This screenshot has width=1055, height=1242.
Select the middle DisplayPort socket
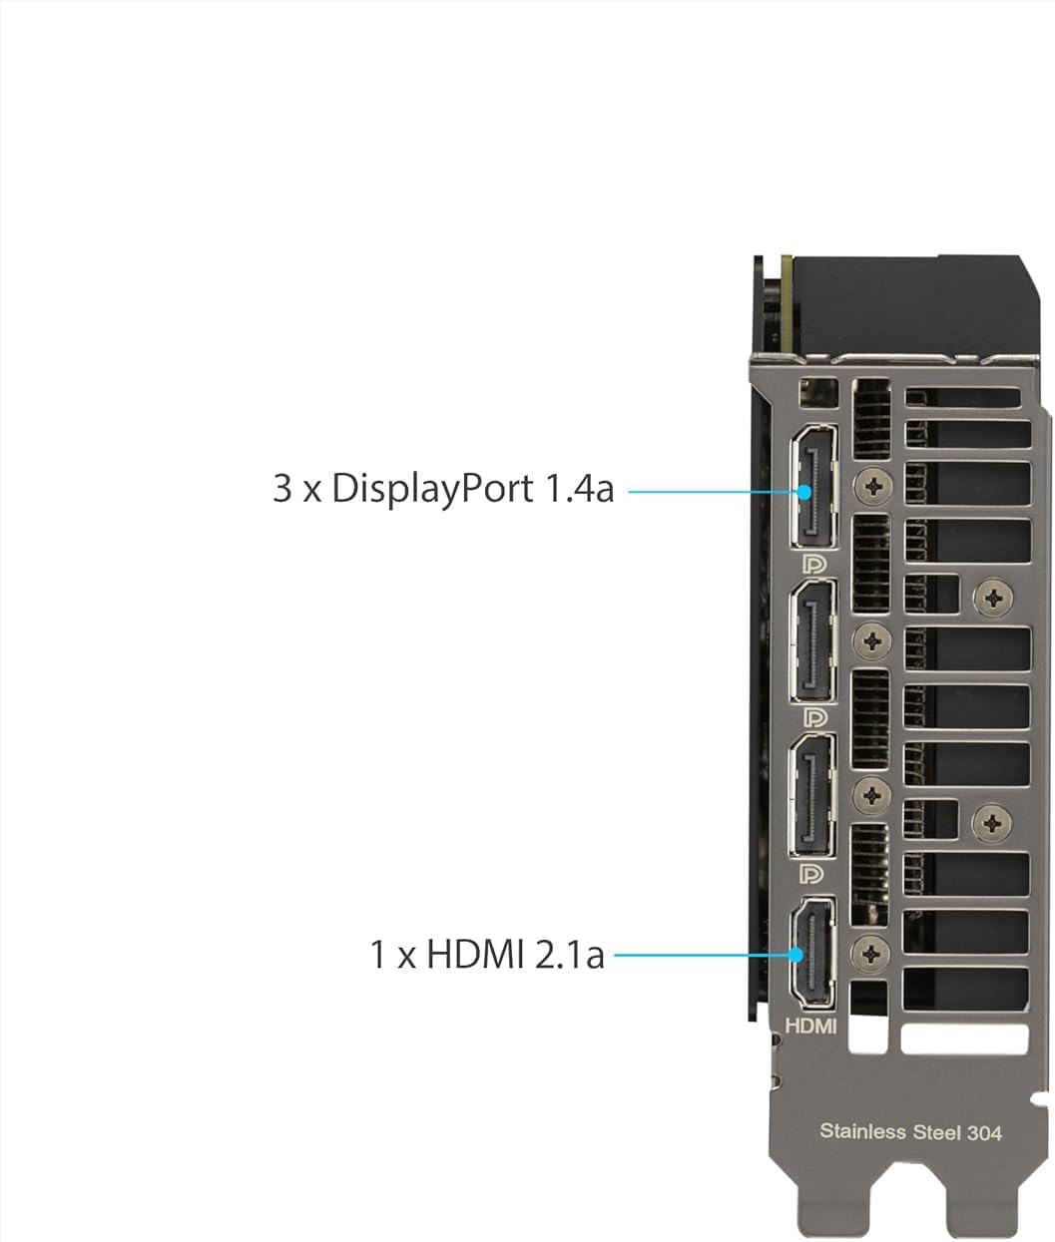pyautogui.click(x=812, y=641)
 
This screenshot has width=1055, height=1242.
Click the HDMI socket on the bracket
pyautogui.click(x=811, y=952)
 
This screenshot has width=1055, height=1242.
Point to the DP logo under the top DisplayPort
pyautogui.click(x=814, y=564)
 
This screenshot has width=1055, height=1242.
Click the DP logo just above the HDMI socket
pyautogui.click(x=814, y=875)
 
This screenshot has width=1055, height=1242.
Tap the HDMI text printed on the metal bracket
pyautogui.click(x=810, y=1025)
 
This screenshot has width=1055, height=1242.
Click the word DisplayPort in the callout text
pyautogui.click(x=432, y=489)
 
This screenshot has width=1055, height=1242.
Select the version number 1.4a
pyautogui.click(x=579, y=489)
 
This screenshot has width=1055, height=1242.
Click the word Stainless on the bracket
pyautogui.click(x=862, y=1131)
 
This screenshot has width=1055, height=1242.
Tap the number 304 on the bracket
pyautogui.click(x=983, y=1131)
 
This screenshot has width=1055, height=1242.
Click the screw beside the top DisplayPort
pyautogui.click(x=874, y=485)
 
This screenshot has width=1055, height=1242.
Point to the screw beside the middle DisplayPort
pyautogui.click(x=874, y=640)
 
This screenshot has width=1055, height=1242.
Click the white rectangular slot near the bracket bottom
pyautogui.click(x=963, y=1039)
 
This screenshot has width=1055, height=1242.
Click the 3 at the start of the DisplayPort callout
pyautogui.click(x=282, y=489)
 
